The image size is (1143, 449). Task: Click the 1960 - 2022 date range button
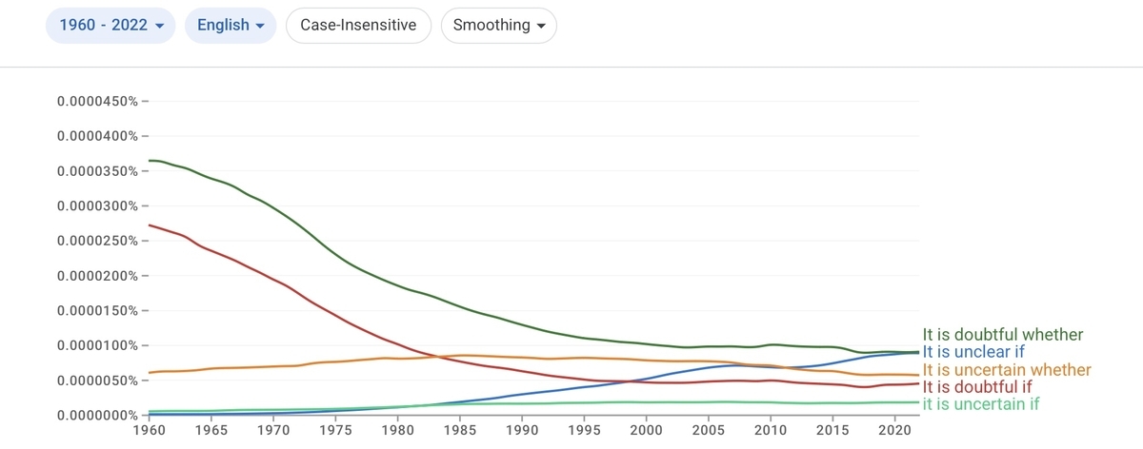(x=110, y=25)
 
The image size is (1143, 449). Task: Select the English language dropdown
(x=231, y=25)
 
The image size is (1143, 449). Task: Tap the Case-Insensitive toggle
(x=358, y=25)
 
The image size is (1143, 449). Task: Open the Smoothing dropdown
(x=498, y=25)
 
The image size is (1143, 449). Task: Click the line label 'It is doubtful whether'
(x=1002, y=335)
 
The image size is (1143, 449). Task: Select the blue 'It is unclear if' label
(x=973, y=352)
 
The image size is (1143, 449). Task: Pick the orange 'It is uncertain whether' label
(x=1006, y=369)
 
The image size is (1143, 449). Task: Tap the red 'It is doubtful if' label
(x=976, y=387)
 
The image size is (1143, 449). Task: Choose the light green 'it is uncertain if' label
(x=980, y=404)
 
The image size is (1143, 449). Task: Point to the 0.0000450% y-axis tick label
(x=97, y=102)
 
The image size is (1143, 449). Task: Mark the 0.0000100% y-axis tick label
(x=97, y=345)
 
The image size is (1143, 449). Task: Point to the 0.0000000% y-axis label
(x=97, y=416)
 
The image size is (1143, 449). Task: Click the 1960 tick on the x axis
(x=149, y=430)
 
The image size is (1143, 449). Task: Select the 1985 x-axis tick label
(x=460, y=430)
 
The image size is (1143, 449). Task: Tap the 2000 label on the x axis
(x=646, y=430)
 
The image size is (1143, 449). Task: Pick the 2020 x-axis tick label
(x=894, y=430)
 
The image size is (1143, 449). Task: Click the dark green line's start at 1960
(x=149, y=161)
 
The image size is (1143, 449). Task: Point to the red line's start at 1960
(x=149, y=225)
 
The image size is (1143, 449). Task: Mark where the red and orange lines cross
(x=435, y=356)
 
